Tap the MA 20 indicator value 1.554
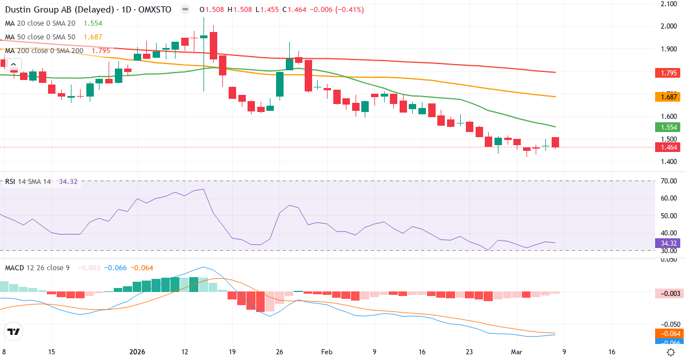coord(93,23)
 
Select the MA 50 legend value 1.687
coord(93,37)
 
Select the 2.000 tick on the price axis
coord(668,26)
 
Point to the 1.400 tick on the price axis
coord(668,162)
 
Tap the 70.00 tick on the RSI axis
coord(668,181)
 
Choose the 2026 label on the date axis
coord(137,351)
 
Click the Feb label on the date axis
coord(326,351)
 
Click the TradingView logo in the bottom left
coord(13,331)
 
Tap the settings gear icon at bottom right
coord(672,351)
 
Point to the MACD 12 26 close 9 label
coord(37,267)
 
